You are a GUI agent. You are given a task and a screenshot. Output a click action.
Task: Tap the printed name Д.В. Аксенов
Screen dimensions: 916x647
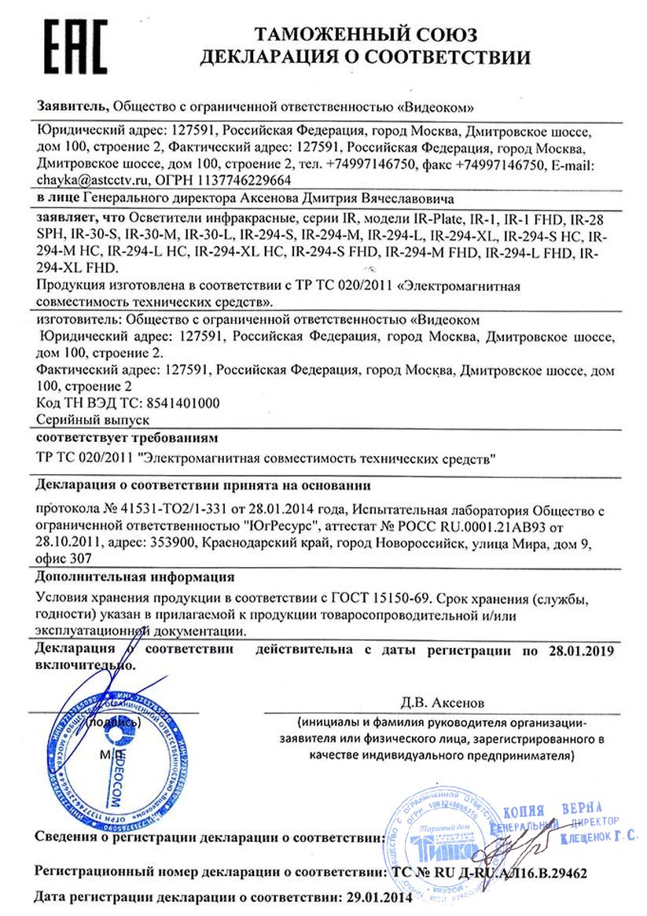(x=446, y=700)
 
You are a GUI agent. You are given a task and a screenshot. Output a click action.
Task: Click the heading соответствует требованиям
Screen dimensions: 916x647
(x=126, y=438)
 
